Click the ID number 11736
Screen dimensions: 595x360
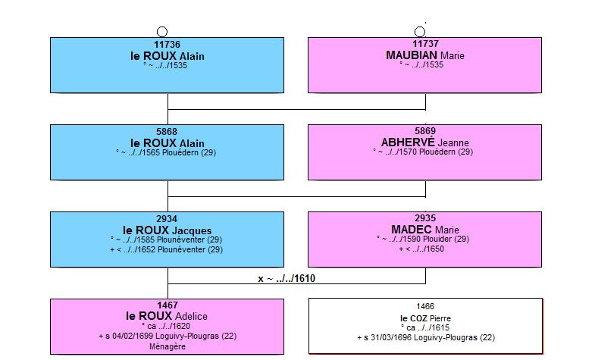167,45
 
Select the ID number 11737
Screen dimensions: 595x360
425,44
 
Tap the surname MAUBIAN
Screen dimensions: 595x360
412,55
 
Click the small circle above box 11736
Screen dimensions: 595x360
162,32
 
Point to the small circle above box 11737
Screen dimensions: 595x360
420,32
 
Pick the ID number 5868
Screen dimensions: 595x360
167,132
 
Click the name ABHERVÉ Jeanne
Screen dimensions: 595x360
425,142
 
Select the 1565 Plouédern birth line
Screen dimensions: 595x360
166,152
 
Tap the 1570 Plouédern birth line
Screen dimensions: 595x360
423,152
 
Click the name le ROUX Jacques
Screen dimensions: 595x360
168,230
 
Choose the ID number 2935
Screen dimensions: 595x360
425,218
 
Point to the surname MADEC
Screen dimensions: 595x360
412,230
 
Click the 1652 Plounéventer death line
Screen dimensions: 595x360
166,249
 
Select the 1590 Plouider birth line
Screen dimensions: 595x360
423,239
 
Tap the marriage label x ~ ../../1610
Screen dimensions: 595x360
287,278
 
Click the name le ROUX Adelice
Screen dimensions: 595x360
167,316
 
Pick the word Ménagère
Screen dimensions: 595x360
168,346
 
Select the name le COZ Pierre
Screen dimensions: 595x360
425,318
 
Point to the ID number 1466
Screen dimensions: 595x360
425,306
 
